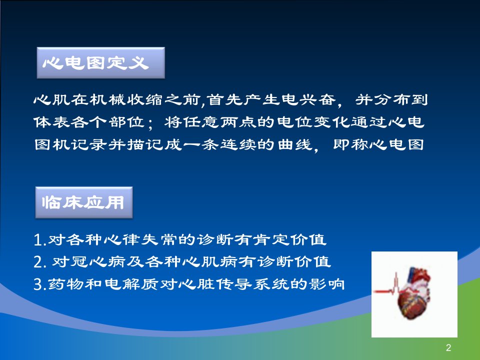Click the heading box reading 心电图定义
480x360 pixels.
[100, 63]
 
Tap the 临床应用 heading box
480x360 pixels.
[84, 202]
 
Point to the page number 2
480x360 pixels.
[448, 347]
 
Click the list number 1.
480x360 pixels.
[38, 240]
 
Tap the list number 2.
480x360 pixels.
[38, 262]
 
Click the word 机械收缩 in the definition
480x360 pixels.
[125, 99]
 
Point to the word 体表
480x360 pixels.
[51, 122]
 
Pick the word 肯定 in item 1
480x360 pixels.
[271, 239]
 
